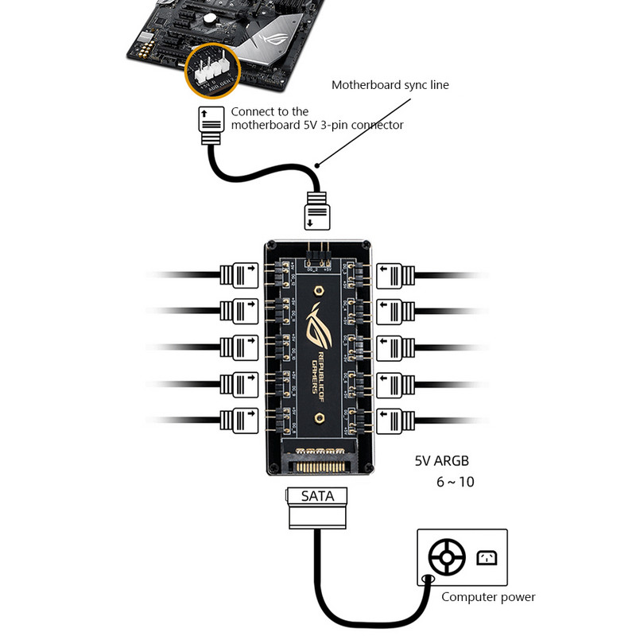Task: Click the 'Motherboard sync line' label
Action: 390,84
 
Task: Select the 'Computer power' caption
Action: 488,597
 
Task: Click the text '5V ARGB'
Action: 443,460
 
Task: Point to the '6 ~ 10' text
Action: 455,482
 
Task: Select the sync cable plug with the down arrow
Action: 317,211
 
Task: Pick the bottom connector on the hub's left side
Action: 239,419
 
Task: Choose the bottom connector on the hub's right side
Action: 395,419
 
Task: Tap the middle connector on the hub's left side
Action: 239,347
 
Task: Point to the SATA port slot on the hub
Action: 317,456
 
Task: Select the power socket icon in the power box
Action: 487,558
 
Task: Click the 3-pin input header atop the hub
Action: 317,255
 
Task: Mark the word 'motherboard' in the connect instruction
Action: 266,126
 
